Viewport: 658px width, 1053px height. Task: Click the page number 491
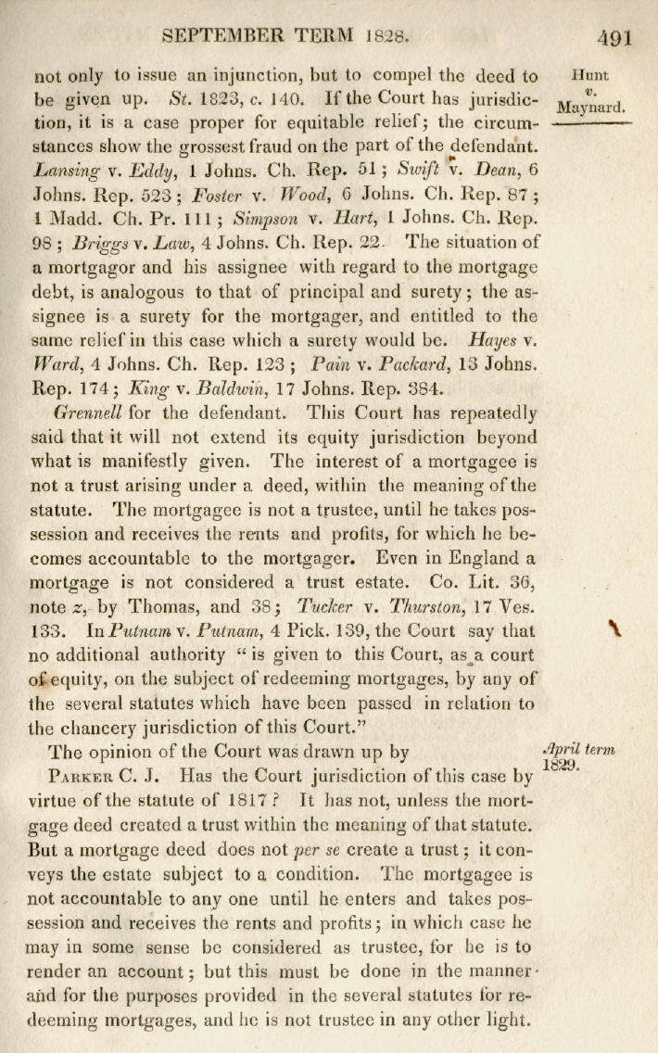(614, 38)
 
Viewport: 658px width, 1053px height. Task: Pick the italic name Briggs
(106, 243)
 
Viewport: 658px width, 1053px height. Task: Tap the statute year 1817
(293, 800)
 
